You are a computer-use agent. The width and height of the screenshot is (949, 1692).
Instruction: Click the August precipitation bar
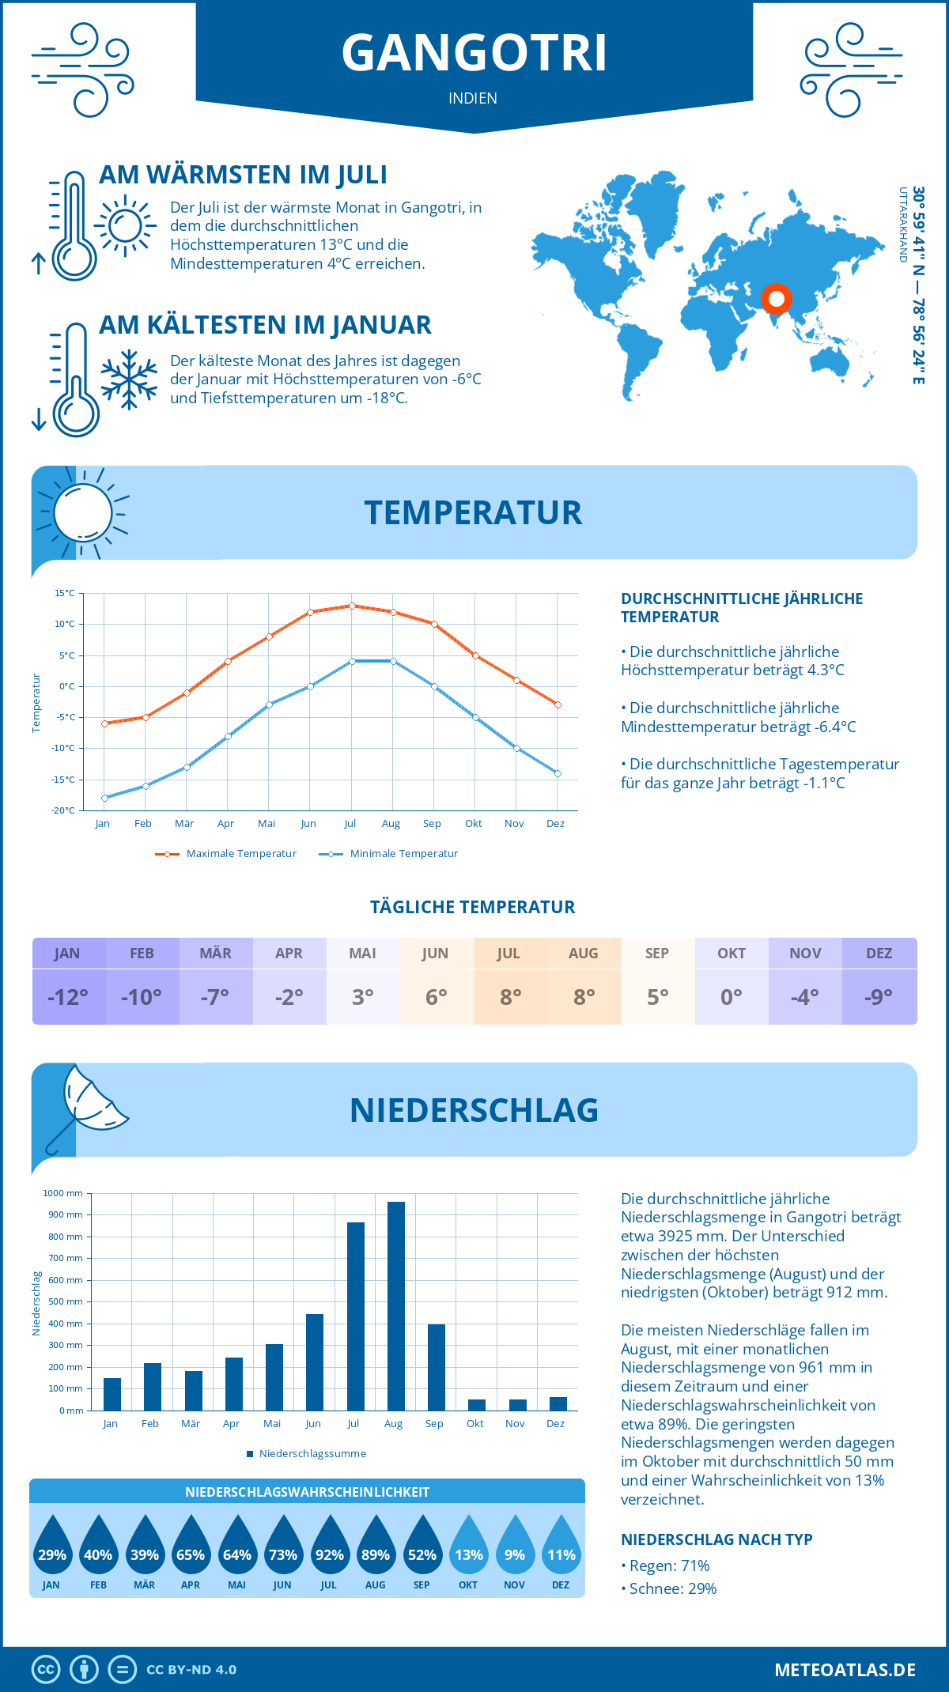pyautogui.click(x=396, y=1306)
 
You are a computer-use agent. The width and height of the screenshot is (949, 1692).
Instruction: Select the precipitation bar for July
pyautogui.click(x=356, y=1316)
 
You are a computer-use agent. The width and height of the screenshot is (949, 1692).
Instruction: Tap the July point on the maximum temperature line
pyautogui.click(x=352, y=606)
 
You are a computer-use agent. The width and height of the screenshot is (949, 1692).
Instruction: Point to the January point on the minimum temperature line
pyautogui.click(x=104, y=798)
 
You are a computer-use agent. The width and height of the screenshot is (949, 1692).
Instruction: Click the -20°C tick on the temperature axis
pyautogui.click(x=64, y=810)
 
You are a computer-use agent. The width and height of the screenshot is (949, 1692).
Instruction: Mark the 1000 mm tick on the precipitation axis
pyautogui.click(x=63, y=1193)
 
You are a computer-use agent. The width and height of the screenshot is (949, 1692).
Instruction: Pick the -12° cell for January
pyautogui.click(x=68, y=997)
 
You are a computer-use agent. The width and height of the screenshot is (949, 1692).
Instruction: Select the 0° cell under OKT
pyautogui.click(x=732, y=997)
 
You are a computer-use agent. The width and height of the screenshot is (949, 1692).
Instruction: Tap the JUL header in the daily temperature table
pyautogui.click(x=509, y=954)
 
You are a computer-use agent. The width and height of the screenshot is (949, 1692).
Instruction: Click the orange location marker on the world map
pyautogui.click(x=777, y=299)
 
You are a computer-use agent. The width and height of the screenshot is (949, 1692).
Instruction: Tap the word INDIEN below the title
pyautogui.click(x=473, y=99)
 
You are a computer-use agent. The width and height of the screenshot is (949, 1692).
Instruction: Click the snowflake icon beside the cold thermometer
pyautogui.click(x=129, y=380)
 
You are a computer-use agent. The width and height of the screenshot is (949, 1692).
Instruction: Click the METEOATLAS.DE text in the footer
pyautogui.click(x=845, y=1670)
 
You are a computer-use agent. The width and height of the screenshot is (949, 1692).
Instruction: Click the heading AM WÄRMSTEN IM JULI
pyautogui.click(x=243, y=175)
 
